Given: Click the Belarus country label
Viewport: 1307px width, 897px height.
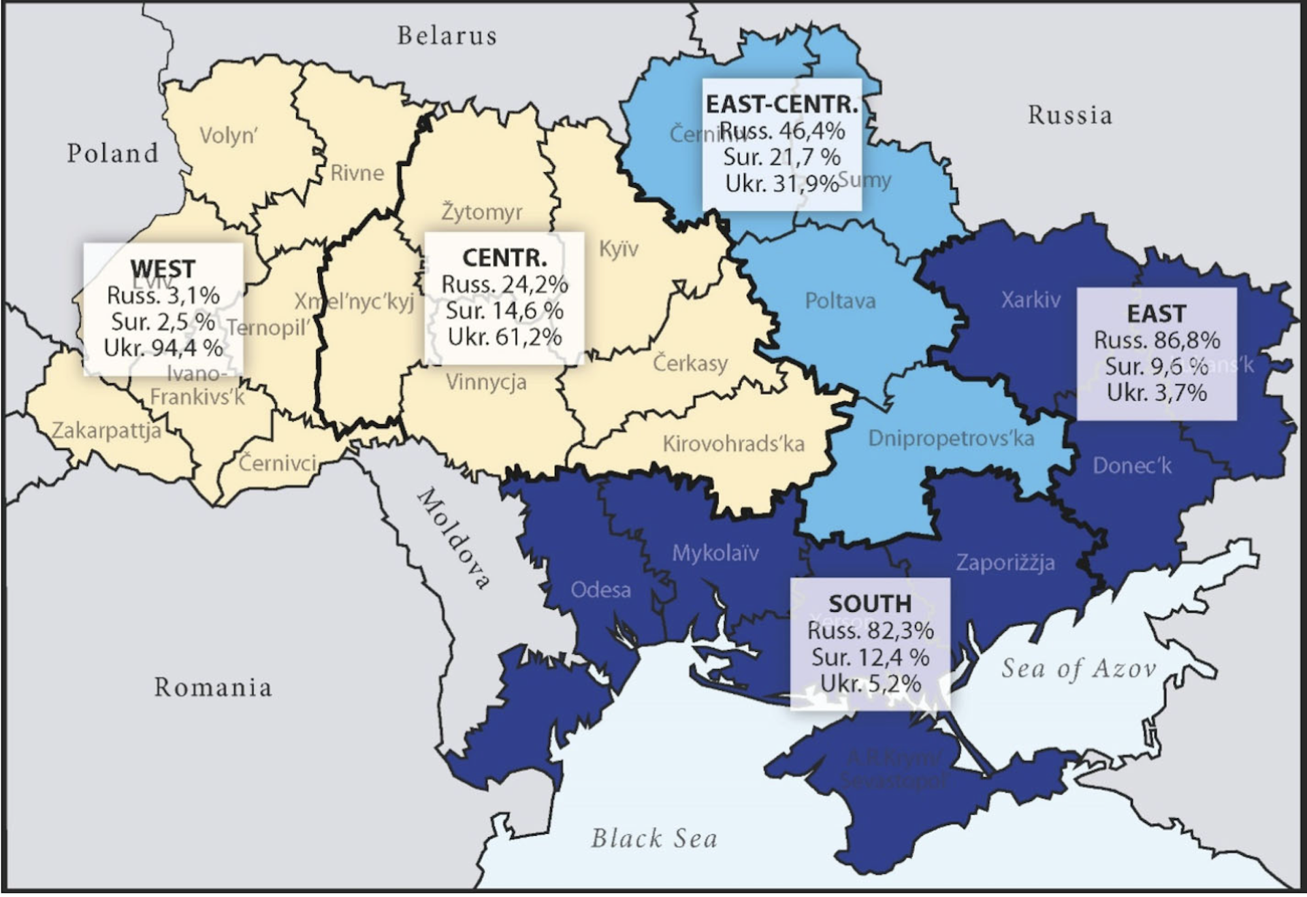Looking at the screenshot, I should (x=447, y=36).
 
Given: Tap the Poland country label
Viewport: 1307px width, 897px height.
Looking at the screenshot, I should (x=113, y=153).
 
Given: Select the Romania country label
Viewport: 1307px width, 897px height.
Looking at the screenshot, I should (x=213, y=687).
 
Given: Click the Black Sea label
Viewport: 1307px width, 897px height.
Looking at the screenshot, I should (x=653, y=838).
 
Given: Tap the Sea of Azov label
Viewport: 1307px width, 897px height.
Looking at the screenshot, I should (x=1078, y=668).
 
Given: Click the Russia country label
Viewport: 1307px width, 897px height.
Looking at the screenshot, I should (x=1070, y=115).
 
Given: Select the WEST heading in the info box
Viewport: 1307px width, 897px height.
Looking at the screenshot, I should (x=163, y=269).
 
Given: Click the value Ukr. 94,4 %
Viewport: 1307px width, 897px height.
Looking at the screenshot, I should (x=163, y=348).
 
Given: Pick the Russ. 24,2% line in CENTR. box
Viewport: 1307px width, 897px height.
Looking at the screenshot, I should (x=504, y=284).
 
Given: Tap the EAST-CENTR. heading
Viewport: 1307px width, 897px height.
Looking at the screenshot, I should (x=782, y=105).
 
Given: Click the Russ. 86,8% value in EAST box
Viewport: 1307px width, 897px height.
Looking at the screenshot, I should (x=1157, y=340).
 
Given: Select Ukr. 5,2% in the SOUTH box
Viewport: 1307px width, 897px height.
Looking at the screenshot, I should (x=870, y=683).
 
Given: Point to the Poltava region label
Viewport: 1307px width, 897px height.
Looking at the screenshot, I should (x=840, y=301).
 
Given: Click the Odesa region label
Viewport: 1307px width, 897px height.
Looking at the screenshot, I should (x=600, y=589).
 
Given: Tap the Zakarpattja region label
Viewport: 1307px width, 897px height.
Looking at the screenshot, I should (x=107, y=431).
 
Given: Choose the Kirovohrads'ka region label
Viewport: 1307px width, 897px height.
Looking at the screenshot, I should (x=733, y=444).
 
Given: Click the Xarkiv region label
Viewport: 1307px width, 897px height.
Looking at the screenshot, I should (x=1031, y=299).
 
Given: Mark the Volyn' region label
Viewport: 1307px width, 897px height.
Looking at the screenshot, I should (x=229, y=136).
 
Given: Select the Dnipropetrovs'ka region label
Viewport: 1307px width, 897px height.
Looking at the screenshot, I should (x=951, y=438).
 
